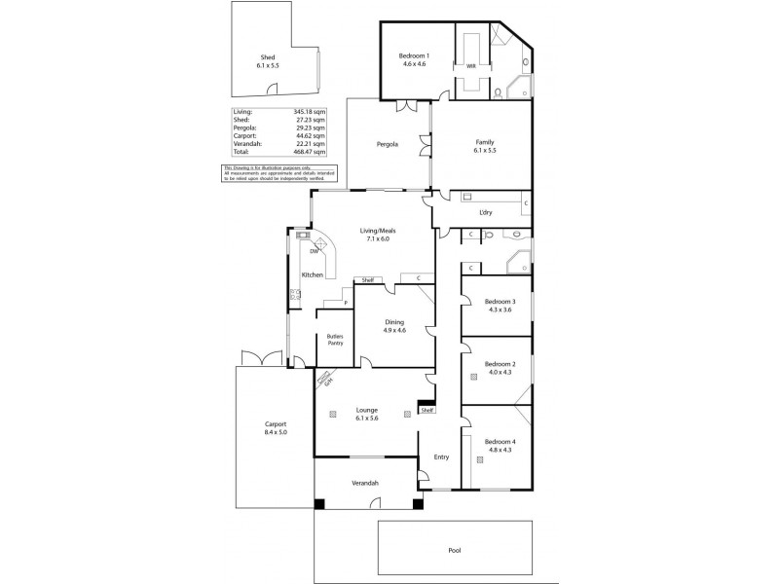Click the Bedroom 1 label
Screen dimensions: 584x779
pyautogui.click(x=414, y=57)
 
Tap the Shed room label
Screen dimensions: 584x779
pyautogui.click(x=267, y=57)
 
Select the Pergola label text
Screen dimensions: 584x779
pyautogui.click(x=388, y=145)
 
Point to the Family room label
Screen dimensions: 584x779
pyautogui.click(x=485, y=142)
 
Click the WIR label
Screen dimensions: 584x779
pyautogui.click(x=471, y=66)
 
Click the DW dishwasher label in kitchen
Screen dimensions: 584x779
pyautogui.click(x=314, y=252)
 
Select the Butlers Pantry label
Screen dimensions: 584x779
pyautogui.click(x=334, y=340)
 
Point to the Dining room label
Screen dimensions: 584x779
pyautogui.click(x=394, y=326)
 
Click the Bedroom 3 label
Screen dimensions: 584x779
pyautogui.click(x=500, y=302)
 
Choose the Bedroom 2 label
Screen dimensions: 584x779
pyautogui.click(x=500, y=364)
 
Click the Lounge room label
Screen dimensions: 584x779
pyautogui.click(x=366, y=411)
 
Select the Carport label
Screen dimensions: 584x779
pyautogui.click(x=276, y=425)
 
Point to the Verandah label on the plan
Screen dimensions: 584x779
pyautogui.click(x=364, y=484)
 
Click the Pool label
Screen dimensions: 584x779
pyautogui.click(x=454, y=550)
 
